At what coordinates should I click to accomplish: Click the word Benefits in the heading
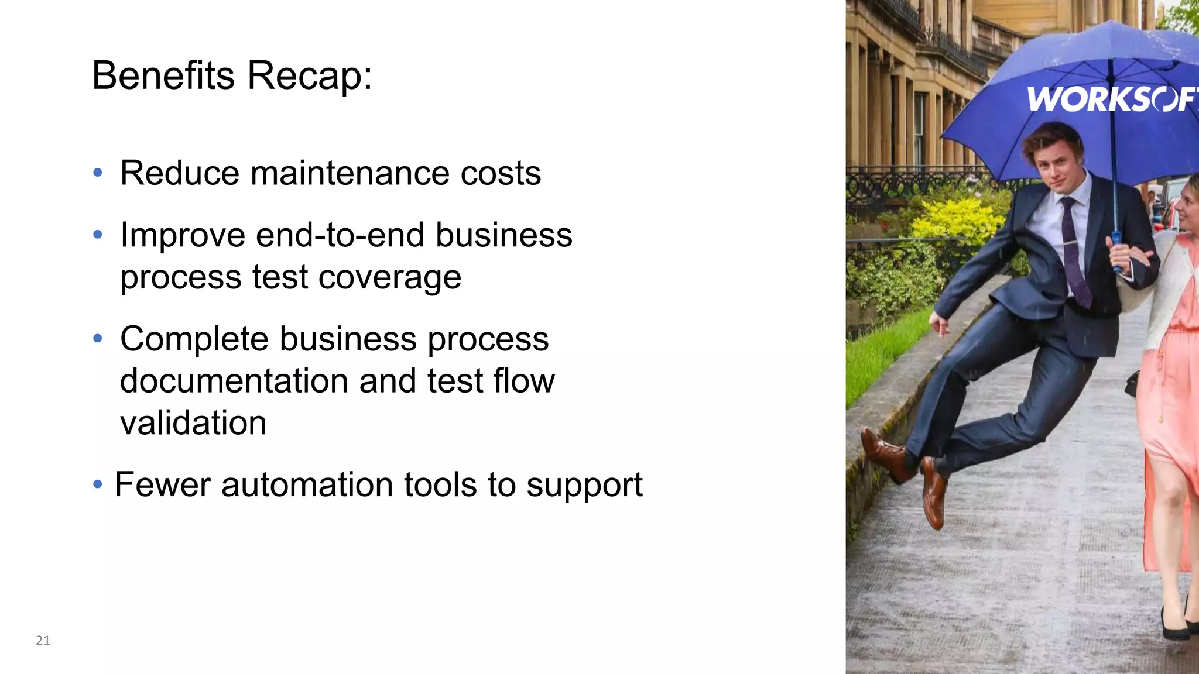163,75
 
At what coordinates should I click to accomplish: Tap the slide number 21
43,641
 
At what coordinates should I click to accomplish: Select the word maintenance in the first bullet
350,173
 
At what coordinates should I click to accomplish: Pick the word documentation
234,381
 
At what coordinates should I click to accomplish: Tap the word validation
193,423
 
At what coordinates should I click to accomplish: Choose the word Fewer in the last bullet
163,485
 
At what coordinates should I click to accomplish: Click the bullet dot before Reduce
98,173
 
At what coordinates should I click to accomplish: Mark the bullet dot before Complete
98,339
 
